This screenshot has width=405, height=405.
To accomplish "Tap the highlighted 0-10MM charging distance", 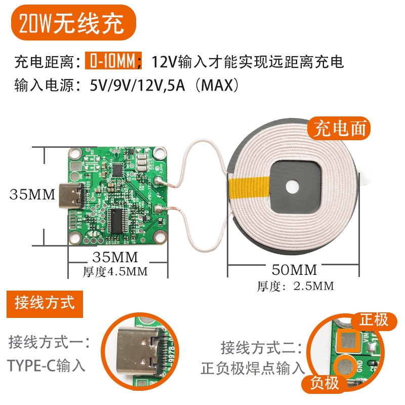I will click(110, 62).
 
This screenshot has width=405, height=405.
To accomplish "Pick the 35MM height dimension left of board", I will click(32, 194).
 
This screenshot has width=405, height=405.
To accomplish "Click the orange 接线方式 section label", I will click(45, 303).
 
